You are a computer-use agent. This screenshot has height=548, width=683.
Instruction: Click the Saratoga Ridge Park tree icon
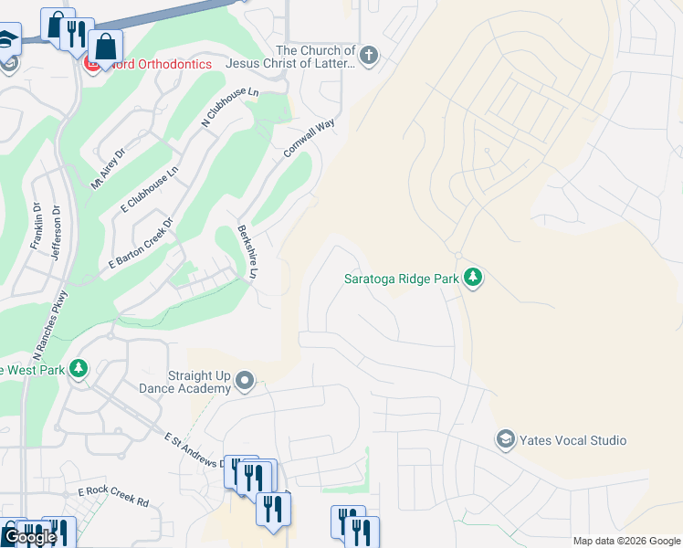[472, 277]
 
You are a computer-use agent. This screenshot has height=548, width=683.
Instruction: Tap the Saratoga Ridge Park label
[400, 279]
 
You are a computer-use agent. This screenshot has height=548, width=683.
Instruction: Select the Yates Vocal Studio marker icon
[505, 440]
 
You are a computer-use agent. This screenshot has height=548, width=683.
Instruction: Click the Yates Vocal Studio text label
[573, 440]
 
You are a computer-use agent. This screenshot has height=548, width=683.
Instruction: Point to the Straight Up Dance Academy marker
[245, 380]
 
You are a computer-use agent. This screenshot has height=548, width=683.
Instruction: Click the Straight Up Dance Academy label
[199, 382]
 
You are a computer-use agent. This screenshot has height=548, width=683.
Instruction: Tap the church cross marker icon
[368, 57]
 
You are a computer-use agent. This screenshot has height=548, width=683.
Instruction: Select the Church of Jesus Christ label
[315, 57]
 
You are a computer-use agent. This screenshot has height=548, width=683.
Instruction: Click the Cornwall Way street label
[309, 138]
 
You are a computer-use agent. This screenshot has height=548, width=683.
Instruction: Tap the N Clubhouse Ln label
[231, 109]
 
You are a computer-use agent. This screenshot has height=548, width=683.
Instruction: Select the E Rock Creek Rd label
[112, 497]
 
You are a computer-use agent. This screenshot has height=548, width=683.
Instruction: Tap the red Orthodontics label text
[155, 65]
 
